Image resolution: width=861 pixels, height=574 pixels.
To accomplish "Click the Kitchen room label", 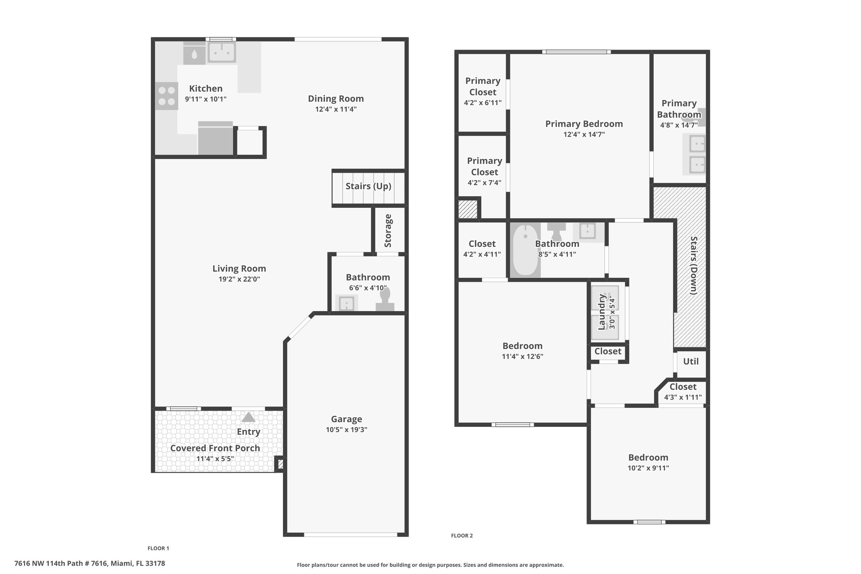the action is (206, 88).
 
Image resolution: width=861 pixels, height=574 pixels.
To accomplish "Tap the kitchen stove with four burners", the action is (166, 96).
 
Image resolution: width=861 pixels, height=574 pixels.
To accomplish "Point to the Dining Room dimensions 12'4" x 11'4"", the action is (336, 109).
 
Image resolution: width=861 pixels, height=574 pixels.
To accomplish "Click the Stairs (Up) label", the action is (368, 186).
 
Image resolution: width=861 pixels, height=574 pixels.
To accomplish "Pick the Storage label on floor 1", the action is (388, 231).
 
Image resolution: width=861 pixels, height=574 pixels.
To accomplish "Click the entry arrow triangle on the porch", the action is (248, 417).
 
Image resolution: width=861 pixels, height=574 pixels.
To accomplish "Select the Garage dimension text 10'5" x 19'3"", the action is (346, 430).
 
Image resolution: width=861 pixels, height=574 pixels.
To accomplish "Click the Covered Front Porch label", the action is (215, 448).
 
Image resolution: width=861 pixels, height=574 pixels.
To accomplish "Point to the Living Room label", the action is (239, 268).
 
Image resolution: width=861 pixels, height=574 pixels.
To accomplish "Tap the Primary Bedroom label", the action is (584, 124).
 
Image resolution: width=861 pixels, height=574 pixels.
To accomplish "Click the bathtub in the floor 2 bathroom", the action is (526, 250).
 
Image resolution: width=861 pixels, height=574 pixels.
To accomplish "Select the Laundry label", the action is (602, 312).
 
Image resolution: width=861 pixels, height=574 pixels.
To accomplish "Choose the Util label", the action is (691, 361).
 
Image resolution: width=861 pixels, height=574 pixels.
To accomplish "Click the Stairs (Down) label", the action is (694, 265).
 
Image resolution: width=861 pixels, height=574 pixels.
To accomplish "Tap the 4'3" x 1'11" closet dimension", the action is (683, 397).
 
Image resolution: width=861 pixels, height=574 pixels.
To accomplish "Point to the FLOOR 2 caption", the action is (462, 535).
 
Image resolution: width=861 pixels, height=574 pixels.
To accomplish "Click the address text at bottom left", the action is (90, 563).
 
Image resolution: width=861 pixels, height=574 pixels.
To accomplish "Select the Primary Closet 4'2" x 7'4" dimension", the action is (484, 183).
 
